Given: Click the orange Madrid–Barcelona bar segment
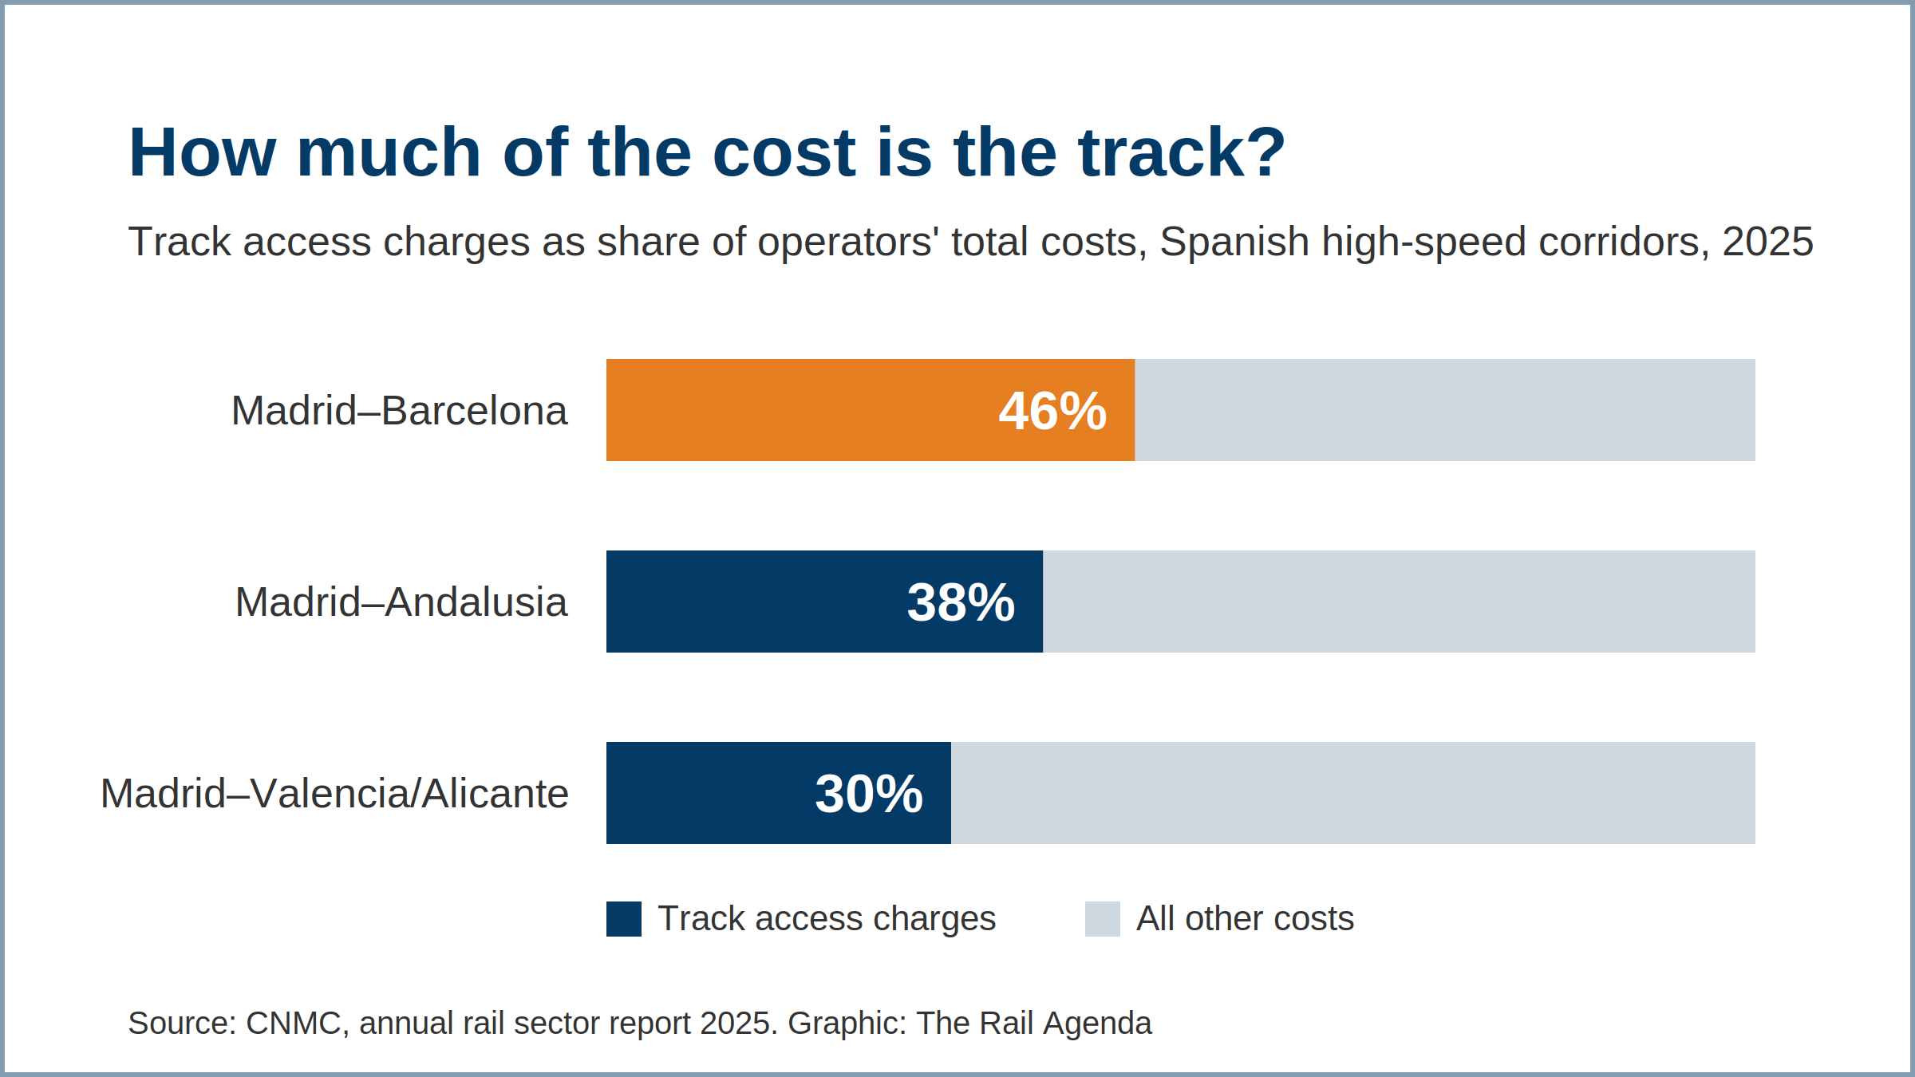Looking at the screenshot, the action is (871, 410).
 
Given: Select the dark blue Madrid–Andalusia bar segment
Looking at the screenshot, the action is (824, 602).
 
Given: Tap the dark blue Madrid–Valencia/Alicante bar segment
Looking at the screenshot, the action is (779, 793).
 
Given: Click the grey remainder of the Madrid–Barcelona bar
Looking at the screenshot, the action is (1445, 410).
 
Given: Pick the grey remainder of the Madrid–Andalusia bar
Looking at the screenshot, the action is (1399, 602).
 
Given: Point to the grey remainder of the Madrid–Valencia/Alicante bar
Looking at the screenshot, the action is (1353, 793).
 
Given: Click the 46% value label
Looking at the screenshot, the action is (1052, 412).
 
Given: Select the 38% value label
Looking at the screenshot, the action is (961, 603).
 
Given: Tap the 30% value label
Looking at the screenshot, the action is (869, 795).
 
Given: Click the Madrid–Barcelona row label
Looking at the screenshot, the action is (399, 412).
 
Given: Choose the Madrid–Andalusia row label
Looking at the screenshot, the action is (401, 603).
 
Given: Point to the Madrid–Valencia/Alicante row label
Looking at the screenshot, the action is (334, 795).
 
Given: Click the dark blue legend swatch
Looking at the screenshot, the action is (624, 919).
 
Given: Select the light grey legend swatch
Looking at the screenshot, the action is (1103, 919).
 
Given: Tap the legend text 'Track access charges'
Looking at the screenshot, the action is (827, 919).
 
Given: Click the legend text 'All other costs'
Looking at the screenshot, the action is (1246, 919).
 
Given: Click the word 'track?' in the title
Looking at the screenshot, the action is (1183, 152).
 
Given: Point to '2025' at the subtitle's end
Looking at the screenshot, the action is (1768, 242).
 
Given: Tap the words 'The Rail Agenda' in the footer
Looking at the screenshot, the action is (1034, 1024).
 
